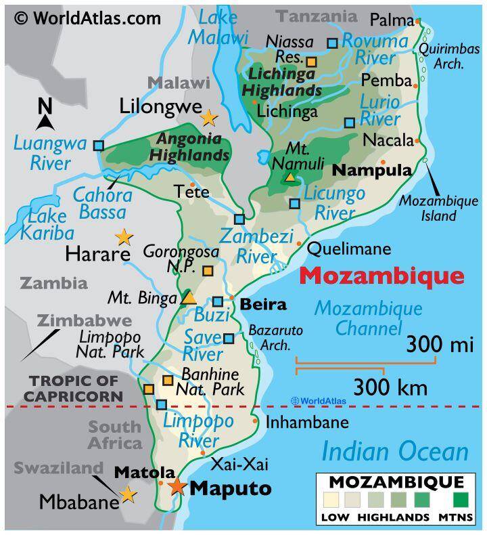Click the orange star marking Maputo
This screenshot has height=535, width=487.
click(x=177, y=486)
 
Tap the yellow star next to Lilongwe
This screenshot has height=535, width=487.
click(x=209, y=118)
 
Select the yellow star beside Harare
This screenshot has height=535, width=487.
click(x=124, y=236)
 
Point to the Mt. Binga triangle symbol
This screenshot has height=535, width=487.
click(x=189, y=297)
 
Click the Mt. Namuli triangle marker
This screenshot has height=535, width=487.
click(x=290, y=177)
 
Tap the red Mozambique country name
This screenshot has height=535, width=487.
click(x=381, y=276)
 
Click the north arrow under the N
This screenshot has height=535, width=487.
click(x=45, y=122)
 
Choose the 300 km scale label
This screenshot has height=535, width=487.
click(x=390, y=387)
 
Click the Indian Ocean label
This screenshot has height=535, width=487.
click(x=395, y=452)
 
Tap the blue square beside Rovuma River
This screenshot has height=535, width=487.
click(x=332, y=43)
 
